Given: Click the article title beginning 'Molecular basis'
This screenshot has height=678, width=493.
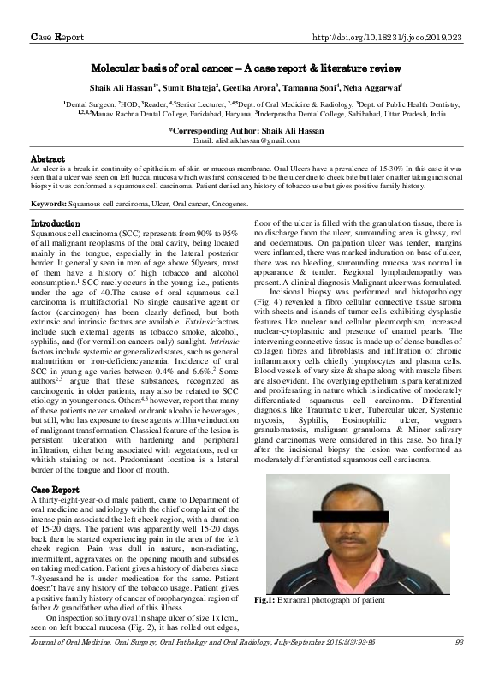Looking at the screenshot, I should click(x=246, y=66).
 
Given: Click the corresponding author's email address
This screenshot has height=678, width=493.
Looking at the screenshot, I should click(x=246, y=140).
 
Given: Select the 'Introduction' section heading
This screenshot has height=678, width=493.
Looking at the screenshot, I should click(x=56, y=223).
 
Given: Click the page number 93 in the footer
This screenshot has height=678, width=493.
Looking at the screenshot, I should click(x=458, y=665).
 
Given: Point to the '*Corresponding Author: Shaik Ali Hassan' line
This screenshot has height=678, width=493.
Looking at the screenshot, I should click(x=246, y=130).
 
